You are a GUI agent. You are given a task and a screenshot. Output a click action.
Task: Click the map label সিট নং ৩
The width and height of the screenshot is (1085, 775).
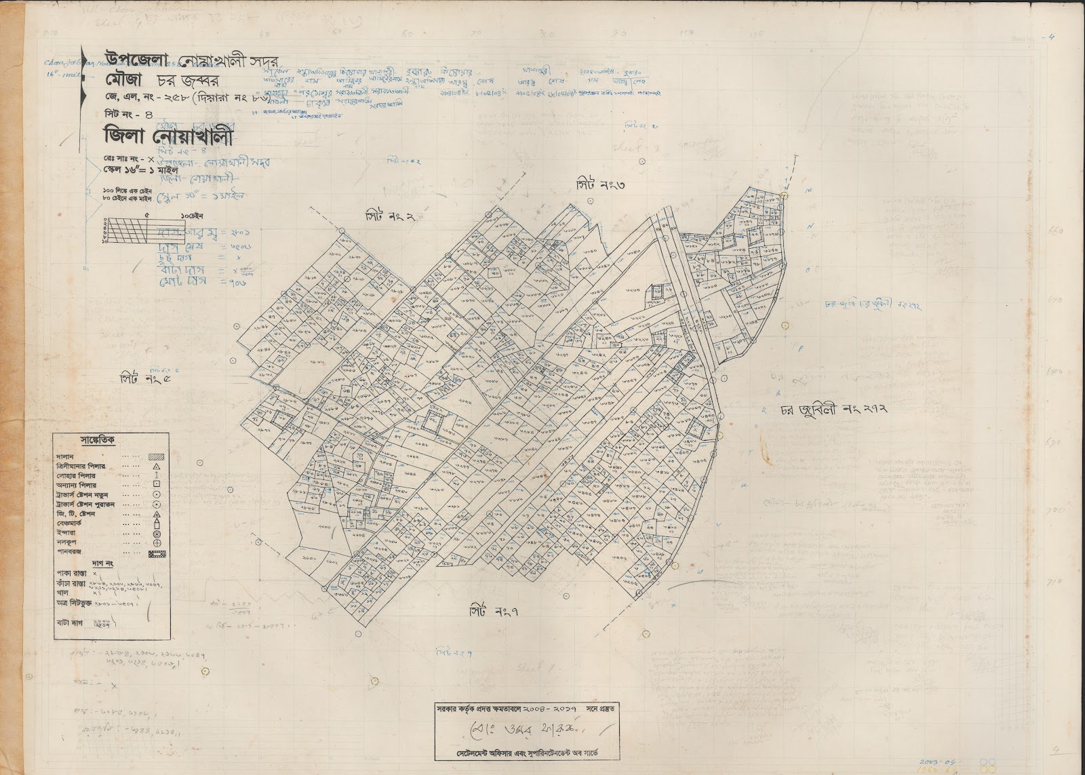click(599, 184)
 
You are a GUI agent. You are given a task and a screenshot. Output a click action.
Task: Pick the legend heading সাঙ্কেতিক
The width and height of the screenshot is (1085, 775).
click(97, 441)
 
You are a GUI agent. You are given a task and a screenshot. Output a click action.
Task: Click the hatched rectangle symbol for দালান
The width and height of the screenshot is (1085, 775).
click(156, 458)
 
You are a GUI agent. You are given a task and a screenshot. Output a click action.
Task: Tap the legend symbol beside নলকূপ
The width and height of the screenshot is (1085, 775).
click(156, 542)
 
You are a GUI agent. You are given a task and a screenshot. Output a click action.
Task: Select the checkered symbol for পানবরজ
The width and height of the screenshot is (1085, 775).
click(156, 553)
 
